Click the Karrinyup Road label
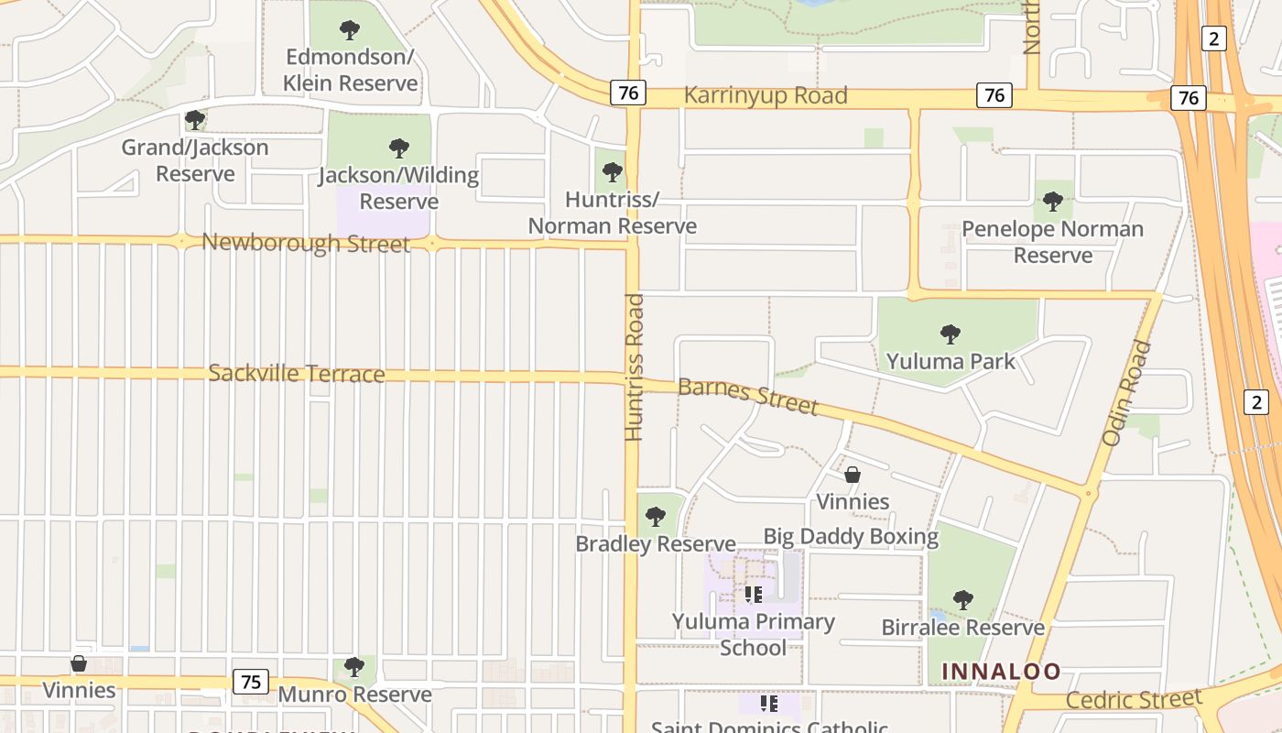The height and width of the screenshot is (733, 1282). [766, 96]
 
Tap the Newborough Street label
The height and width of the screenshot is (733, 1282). [306, 244]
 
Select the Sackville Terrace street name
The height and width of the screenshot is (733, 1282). [296, 374]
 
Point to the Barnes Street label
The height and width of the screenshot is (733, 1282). [747, 396]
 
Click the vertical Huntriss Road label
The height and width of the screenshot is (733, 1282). [634, 366]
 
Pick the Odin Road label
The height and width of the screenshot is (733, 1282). [1125, 393]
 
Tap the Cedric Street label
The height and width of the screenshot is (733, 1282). [1134, 700]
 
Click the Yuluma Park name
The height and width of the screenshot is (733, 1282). [951, 361]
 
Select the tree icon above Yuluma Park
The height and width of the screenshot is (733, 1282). [951, 334]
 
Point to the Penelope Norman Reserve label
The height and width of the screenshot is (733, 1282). [1052, 242]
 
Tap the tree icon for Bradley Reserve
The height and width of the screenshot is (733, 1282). [656, 517]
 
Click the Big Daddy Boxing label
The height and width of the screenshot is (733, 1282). [851, 537]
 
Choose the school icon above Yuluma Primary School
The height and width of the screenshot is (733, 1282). [754, 595]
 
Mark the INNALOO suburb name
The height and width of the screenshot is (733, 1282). [1001, 672]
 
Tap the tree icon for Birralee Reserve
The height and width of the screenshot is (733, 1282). [962, 600]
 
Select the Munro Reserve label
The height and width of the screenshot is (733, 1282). [354, 695]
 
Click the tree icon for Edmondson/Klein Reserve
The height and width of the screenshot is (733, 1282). [350, 30]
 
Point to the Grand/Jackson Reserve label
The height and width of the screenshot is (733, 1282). [195, 160]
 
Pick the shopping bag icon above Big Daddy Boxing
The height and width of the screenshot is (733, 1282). [853, 475]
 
